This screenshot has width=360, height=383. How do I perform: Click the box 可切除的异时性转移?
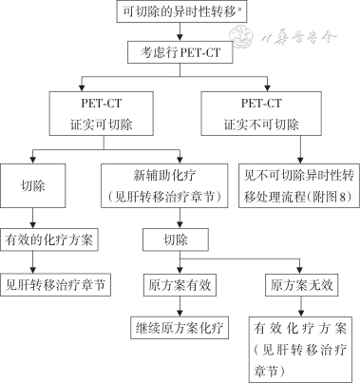click(x=180, y=13)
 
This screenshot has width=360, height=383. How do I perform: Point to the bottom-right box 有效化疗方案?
click(x=301, y=351)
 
